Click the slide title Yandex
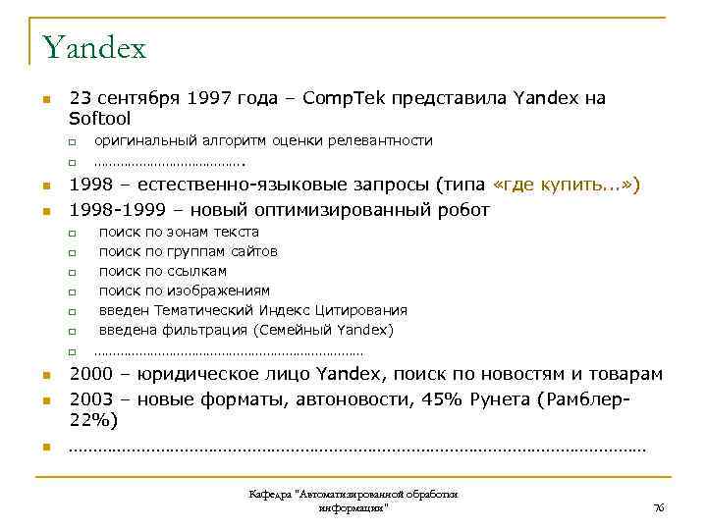click(x=94, y=46)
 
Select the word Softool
click(x=99, y=118)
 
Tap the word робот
click(x=462, y=210)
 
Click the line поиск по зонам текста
click(x=179, y=232)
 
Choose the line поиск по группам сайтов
click(x=188, y=251)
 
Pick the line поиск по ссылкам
click(x=162, y=271)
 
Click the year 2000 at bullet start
click(x=90, y=374)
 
